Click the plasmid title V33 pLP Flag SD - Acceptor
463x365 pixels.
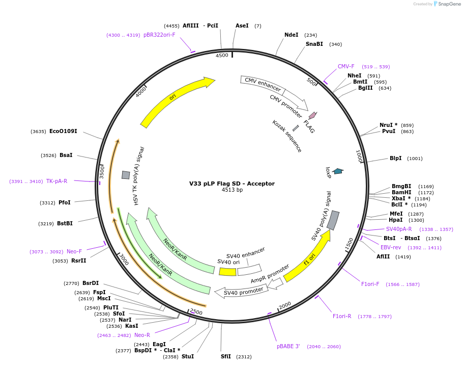(x=231, y=184)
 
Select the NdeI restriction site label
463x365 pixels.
(x=292, y=35)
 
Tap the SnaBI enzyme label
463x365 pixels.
(x=314, y=44)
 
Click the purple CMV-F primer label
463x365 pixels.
(x=346, y=67)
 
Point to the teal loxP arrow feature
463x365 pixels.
(x=337, y=171)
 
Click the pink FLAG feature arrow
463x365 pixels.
(x=312, y=116)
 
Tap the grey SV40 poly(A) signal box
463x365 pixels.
(x=333, y=220)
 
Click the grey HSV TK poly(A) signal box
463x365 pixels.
(x=126, y=175)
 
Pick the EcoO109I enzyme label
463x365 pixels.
(x=63, y=132)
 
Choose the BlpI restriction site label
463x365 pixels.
(x=395, y=159)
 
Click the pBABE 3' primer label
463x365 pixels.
(x=288, y=347)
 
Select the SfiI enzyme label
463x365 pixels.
(x=226, y=357)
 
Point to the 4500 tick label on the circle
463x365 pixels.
(x=222, y=56)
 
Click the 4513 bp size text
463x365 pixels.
(x=231, y=190)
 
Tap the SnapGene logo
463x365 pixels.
(x=446, y=4)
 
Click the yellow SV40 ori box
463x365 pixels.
(x=227, y=272)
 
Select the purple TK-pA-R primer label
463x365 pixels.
(x=56, y=181)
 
